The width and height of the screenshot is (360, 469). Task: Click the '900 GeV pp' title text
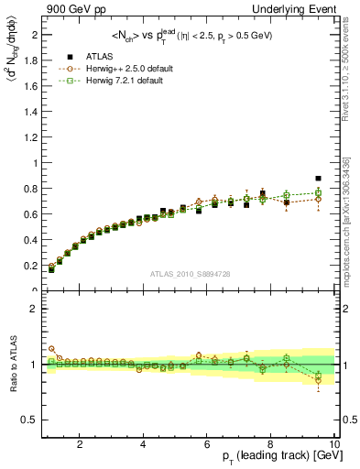coord(71,8)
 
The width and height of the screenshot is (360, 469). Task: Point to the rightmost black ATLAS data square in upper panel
coord(319,179)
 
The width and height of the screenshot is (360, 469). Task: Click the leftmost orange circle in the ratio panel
coord(51,349)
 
